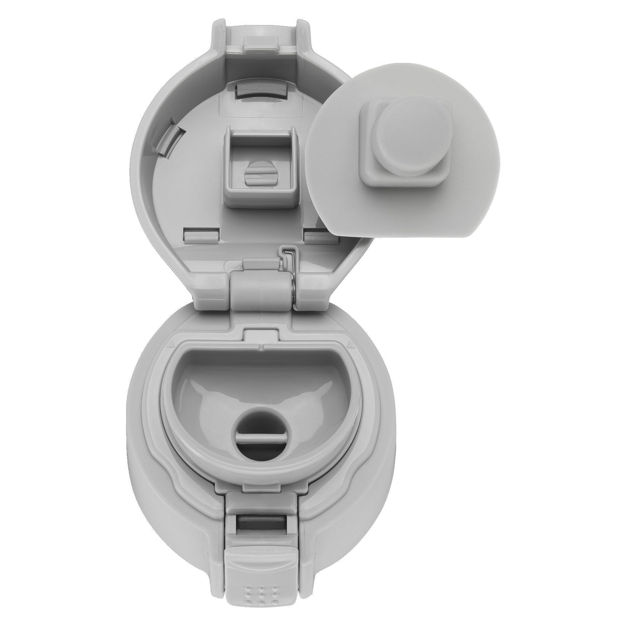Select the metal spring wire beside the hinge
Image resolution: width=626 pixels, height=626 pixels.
[x=290, y=273]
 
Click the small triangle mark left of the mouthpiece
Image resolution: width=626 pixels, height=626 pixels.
[x=172, y=343]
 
